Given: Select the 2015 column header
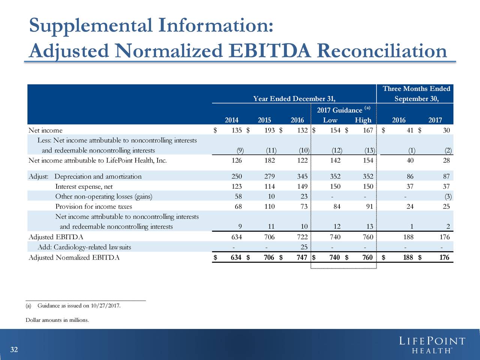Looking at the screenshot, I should pyautogui.click(x=264, y=120).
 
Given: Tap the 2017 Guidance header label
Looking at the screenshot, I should pyautogui.click(x=339, y=110).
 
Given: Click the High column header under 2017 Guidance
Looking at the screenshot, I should pyautogui.click(x=363, y=120).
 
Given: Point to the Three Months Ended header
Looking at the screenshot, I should pyautogui.click(x=416, y=88).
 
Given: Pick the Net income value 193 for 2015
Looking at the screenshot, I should pyautogui.click(x=269, y=130).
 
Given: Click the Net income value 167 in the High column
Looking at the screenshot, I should pyautogui.click(x=368, y=130).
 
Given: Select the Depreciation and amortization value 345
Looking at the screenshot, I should pyautogui.click(x=302, y=176).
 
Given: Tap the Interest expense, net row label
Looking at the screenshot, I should pyautogui.click(x=84, y=186).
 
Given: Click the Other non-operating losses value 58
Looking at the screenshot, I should pyautogui.click(x=238, y=196).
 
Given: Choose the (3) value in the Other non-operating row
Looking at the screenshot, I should pyautogui.click(x=448, y=196).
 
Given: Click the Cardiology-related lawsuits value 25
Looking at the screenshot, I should pyautogui.click(x=304, y=247).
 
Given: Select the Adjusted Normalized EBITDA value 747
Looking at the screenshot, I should pyautogui.click(x=302, y=257).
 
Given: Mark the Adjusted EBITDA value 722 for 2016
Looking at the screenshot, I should pyautogui.click(x=302, y=237).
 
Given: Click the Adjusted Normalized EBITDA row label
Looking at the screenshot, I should pyautogui.click(x=74, y=257).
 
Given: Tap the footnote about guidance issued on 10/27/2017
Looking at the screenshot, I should pyautogui.click(x=73, y=306).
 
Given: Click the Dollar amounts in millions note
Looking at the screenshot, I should pyautogui.click(x=57, y=320).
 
